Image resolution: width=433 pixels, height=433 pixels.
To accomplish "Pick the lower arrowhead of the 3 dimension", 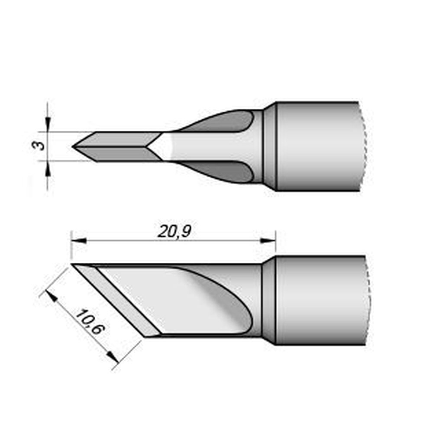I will click(x=47, y=166).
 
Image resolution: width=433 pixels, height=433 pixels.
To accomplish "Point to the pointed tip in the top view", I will click(x=74, y=146).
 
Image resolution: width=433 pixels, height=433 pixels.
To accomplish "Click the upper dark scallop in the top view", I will click(x=225, y=122).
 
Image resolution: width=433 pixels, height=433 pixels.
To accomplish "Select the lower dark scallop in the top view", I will click(x=225, y=171).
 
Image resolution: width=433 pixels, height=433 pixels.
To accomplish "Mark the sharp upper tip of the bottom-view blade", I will click(x=73, y=264).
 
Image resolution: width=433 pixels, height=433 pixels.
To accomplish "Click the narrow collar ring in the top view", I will click(x=269, y=146).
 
